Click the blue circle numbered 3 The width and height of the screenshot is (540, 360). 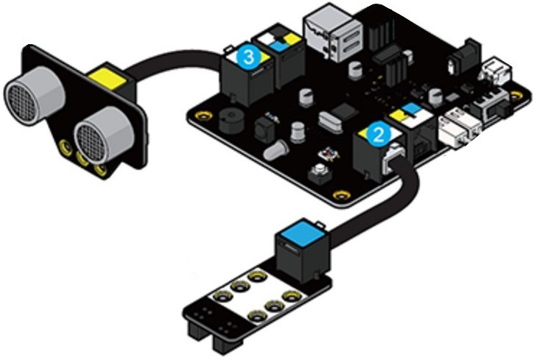(x=249, y=57)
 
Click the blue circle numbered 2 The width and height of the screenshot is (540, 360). (x=379, y=135)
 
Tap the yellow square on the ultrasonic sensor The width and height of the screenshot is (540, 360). (x=108, y=78)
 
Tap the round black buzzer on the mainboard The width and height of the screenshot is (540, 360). (x=231, y=121)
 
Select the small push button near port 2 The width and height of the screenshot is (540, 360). (x=320, y=174)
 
